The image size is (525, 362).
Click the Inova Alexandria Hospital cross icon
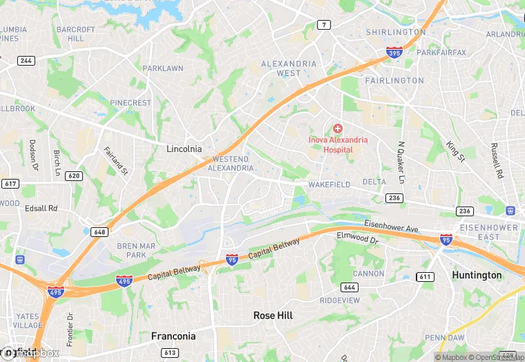pyautogui.click(x=338, y=128)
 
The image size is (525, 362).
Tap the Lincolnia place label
pyautogui.click(x=184, y=149)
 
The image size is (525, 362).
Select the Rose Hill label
pyautogui.click(x=273, y=315)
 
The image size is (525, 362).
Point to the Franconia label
pyautogui.click(x=173, y=336)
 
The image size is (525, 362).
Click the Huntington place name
pyautogui.click(x=477, y=275)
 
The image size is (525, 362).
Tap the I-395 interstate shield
pyautogui.click(x=394, y=52)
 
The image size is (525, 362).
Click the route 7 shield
pyautogui.click(x=323, y=25)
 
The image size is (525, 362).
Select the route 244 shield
pyautogui.click(x=26, y=61)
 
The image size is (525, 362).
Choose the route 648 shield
pyautogui.click(x=99, y=232)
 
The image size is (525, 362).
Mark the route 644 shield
pyautogui.click(x=349, y=287)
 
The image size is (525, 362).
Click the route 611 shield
pyautogui.click(x=424, y=276)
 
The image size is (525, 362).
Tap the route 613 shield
pyautogui.click(x=169, y=352)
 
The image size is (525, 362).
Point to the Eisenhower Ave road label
pyautogui.click(x=392, y=227)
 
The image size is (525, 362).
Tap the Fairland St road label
pyautogui.click(x=116, y=160)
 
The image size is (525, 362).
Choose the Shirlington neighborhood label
pyautogui.click(x=396, y=32)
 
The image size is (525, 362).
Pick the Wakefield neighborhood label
pyautogui.click(x=329, y=184)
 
